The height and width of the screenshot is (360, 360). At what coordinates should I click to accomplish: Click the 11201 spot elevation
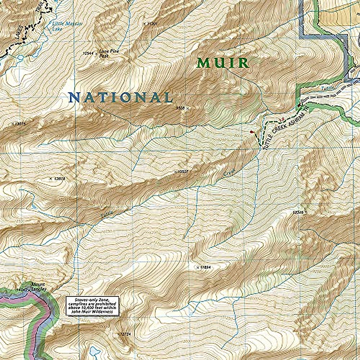point(153,23)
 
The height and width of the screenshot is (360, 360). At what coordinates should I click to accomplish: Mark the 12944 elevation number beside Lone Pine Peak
point(88,53)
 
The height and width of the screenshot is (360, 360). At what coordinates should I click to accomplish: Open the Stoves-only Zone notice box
point(93,305)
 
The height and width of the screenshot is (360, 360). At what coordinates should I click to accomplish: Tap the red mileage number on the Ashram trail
point(281,120)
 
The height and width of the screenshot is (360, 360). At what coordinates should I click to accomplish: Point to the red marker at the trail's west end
point(251,131)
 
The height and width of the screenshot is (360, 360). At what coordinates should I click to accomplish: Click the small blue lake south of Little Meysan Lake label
point(20,57)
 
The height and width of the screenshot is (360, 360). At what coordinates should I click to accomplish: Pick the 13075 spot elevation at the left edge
point(20,123)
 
